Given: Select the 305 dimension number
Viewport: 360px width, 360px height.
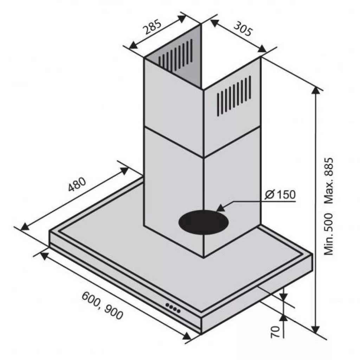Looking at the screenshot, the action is (243, 29).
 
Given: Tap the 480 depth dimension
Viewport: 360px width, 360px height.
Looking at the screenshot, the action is (77, 184).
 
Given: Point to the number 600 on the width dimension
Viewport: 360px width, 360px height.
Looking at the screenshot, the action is (91, 299).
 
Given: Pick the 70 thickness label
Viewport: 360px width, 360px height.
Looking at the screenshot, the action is (275, 332).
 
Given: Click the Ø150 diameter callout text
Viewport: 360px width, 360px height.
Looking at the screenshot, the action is (280, 195).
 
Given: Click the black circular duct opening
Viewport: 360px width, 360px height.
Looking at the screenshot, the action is (204, 222).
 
